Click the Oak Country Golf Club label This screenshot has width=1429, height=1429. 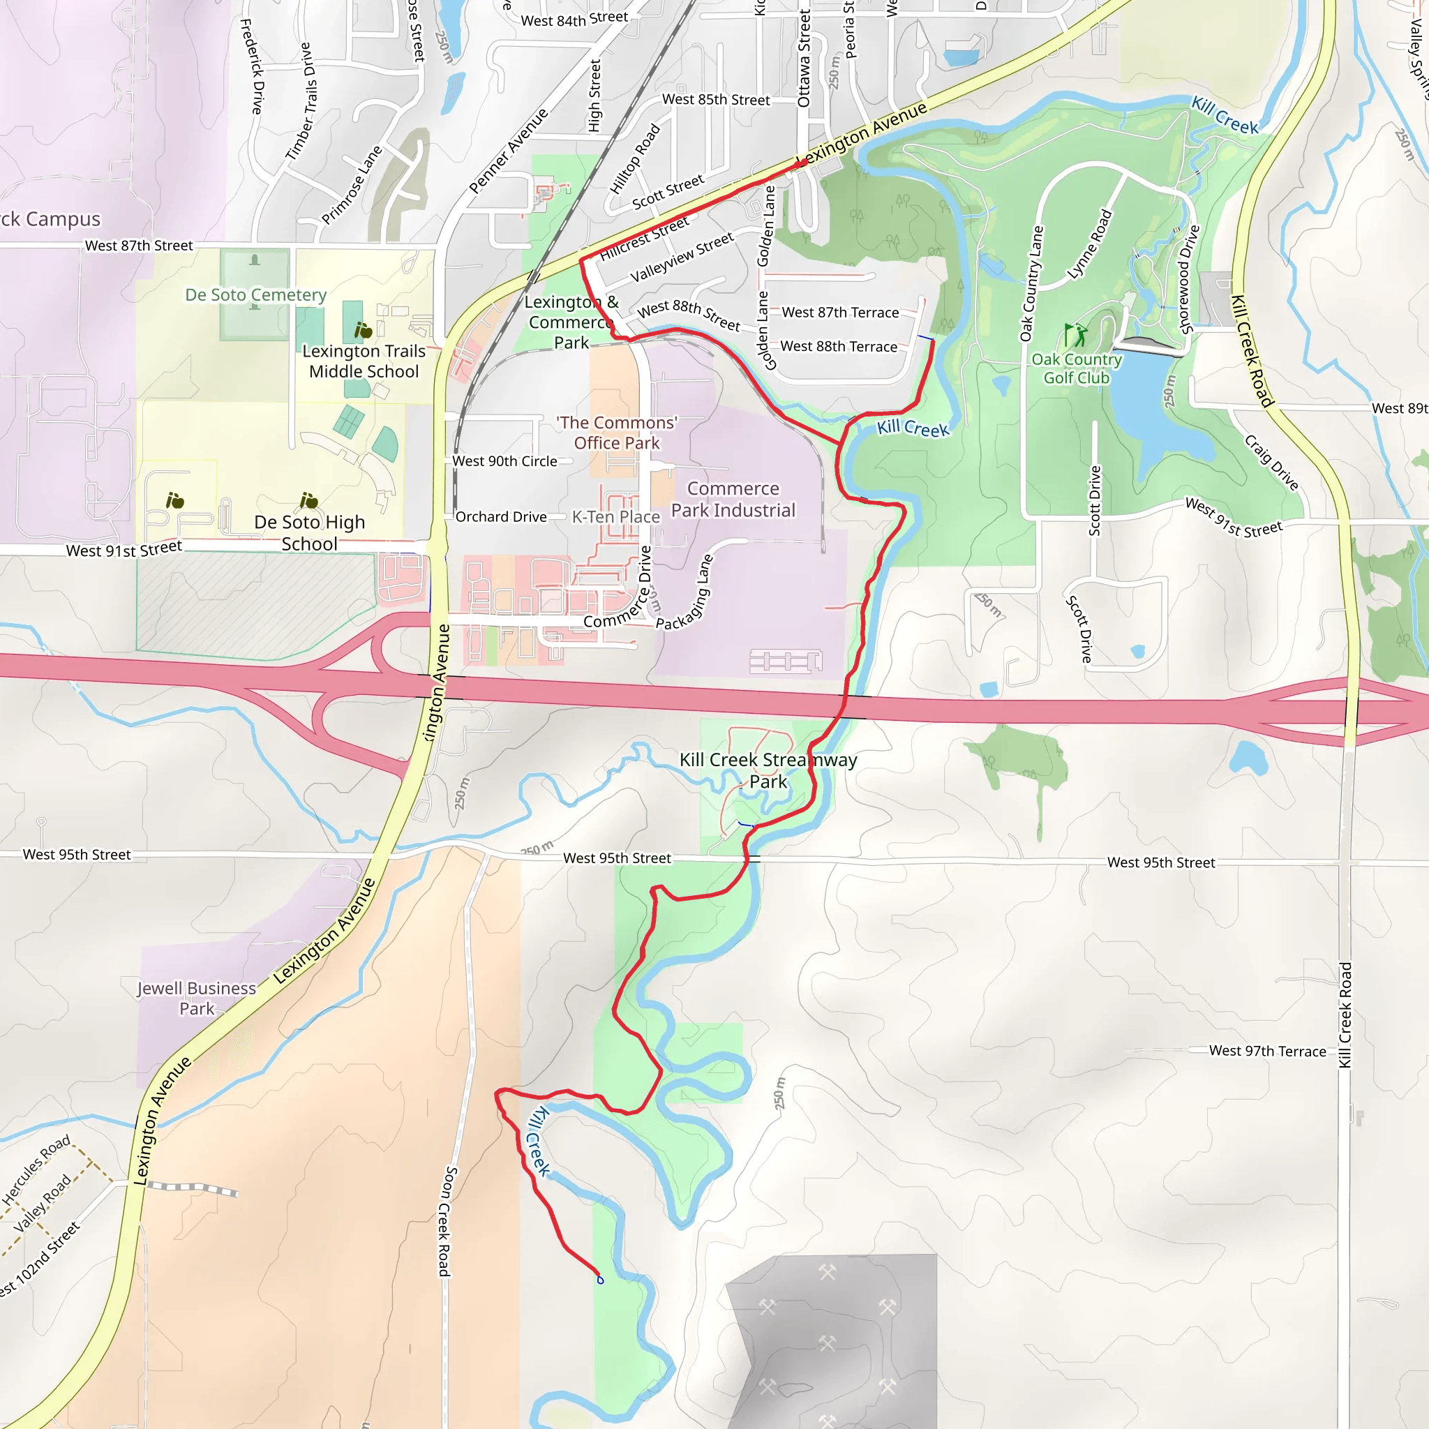[1076, 368]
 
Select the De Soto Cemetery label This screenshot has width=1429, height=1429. [255, 295]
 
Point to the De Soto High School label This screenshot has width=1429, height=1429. [309, 532]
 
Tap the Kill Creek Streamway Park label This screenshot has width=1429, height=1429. [768, 770]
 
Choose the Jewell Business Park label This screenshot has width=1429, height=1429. [196, 998]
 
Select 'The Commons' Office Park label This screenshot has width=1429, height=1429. [616, 433]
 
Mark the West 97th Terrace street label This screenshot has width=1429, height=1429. [1267, 1051]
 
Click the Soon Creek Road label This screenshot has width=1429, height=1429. [447, 1220]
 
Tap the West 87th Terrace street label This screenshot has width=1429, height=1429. [839, 313]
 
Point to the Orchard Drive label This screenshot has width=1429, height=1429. [501, 517]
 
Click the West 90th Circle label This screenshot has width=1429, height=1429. [504, 461]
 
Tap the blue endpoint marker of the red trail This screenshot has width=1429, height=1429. [600, 1280]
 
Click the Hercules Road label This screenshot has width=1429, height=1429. [36, 1169]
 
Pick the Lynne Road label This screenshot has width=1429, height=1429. [1089, 245]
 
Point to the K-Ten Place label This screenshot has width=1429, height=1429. [615, 517]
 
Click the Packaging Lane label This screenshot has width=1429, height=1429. [685, 592]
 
